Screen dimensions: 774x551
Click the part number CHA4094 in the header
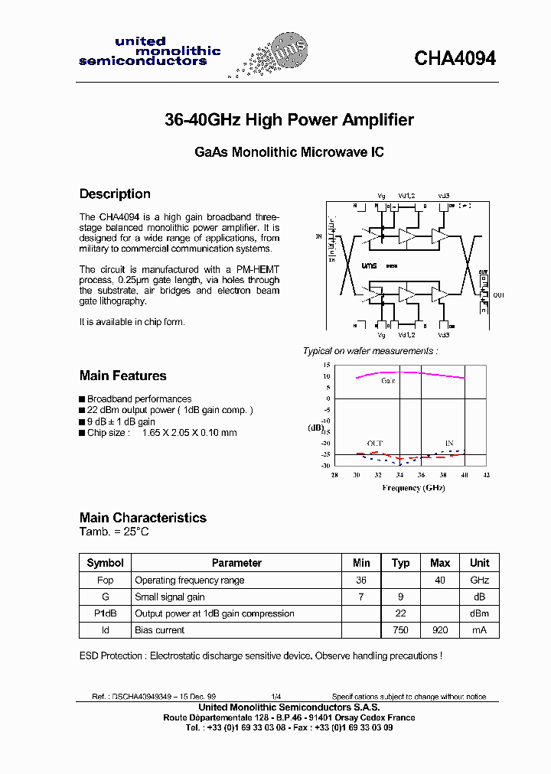pyautogui.click(x=455, y=59)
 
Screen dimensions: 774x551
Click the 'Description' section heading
pyautogui.click(x=115, y=194)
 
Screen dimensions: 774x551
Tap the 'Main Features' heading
pyautogui.click(x=122, y=376)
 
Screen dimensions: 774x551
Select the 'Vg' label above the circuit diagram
pyautogui.click(x=381, y=196)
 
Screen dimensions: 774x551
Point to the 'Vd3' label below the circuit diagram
pyautogui.click(x=444, y=335)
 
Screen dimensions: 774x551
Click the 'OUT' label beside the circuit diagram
pyautogui.click(x=499, y=295)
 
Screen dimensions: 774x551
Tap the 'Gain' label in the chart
pyautogui.click(x=389, y=380)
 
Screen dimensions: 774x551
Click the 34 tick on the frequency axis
pyautogui.click(x=399, y=475)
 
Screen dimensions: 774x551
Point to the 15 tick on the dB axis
pyautogui.click(x=327, y=365)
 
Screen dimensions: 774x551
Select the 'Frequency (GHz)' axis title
pyautogui.click(x=413, y=488)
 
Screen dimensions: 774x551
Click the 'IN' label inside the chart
pyautogui.click(x=449, y=443)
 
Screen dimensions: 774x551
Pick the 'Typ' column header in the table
pyautogui.click(x=400, y=563)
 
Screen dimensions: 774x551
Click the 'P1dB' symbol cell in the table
pyautogui.click(x=105, y=613)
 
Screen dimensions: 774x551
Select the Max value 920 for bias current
pyautogui.click(x=440, y=630)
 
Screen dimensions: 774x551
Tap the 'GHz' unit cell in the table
pyautogui.click(x=479, y=580)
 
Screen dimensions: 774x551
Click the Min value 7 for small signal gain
pyautogui.click(x=361, y=597)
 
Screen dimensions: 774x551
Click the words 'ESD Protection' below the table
pyautogui.click(x=111, y=655)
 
